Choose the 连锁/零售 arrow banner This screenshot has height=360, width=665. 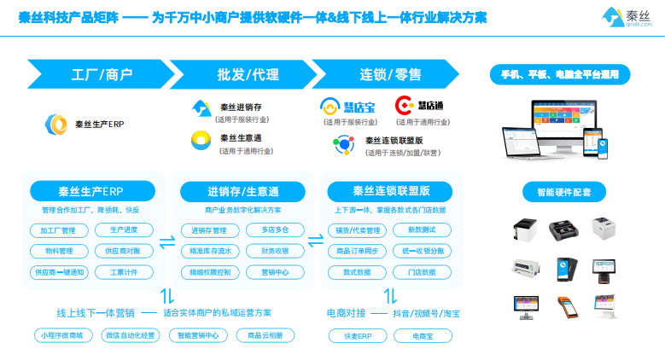pos(384,73)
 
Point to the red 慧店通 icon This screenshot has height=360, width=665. pos(404,106)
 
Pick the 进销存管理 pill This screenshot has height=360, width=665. pos(208,230)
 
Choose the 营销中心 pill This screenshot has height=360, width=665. pos(274,272)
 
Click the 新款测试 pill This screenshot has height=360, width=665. pos(422,230)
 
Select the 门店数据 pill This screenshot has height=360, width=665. pos(422,272)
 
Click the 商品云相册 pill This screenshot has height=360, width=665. pos(264,335)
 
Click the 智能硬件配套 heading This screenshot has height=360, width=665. pos(563,191)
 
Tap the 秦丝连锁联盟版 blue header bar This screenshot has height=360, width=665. pos(390,190)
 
